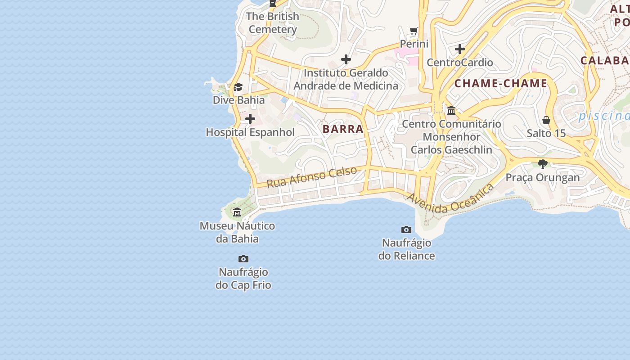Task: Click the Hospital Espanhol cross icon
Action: tap(250, 119)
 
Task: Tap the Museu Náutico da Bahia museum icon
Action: tap(237, 212)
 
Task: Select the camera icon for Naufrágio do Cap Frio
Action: tap(243, 259)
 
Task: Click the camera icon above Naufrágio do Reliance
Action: tap(406, 229)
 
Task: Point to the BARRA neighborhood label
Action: tap(343, 129)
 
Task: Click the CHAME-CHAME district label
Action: tap(500, 83)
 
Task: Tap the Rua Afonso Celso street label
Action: tap(312, 177)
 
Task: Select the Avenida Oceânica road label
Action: tap(450, 199)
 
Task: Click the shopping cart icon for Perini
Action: tap(414, 31)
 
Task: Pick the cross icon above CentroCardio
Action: tap(460, 49)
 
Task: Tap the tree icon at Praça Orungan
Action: tap(543, 164)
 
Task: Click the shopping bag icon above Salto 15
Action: tap(546, 120)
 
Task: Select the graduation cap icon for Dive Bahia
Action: tap(238, 87)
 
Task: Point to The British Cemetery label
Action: tap(273, 23)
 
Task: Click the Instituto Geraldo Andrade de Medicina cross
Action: tap(346, 59)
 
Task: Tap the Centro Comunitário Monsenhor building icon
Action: tap(451, 110)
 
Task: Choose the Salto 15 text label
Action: tap(546, 134)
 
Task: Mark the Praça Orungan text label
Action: tap(543, 177)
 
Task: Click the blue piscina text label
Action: tap(603, 116)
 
